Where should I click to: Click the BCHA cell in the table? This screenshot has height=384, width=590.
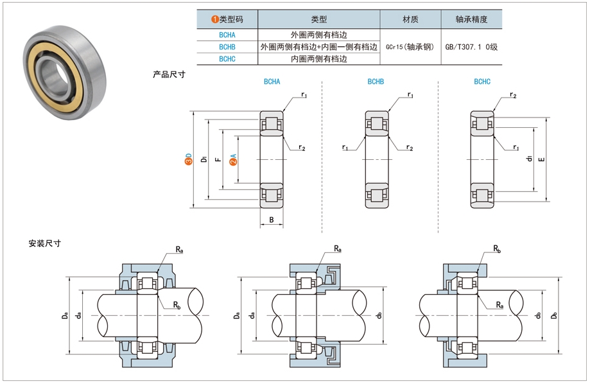227,35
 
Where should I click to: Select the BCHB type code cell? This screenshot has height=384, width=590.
227,47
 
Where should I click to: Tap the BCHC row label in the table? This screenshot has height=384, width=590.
227,58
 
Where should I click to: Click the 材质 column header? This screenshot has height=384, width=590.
410,19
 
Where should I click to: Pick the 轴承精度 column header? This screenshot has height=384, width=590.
471,19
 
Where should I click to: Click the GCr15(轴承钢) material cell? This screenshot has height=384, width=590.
410,47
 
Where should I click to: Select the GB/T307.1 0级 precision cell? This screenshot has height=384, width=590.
471,47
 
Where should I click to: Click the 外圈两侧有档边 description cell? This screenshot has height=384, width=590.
318,35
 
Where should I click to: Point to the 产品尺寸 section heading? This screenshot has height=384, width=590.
169,74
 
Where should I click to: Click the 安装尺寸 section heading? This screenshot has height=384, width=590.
44,243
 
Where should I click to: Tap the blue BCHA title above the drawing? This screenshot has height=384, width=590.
272,82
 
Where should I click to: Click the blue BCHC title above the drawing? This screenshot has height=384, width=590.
482,82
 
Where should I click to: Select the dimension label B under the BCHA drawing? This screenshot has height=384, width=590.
272,220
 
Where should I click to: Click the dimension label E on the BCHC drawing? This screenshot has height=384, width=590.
542,159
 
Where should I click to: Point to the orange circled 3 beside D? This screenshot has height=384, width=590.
188,159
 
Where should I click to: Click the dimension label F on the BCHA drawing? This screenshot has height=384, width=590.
218,159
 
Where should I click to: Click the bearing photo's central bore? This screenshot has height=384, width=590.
51,66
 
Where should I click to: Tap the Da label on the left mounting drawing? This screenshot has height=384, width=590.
64,315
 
